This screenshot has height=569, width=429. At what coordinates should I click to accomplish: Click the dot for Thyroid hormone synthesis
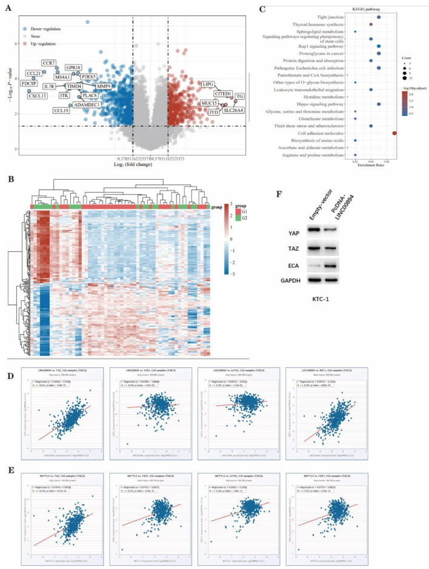[x=370, y=25]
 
